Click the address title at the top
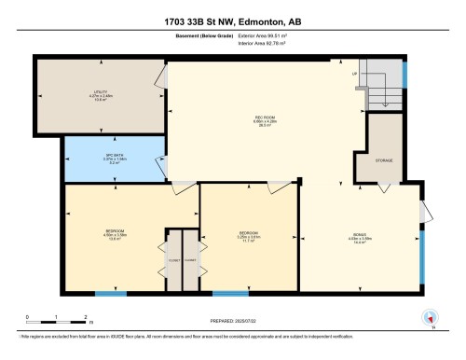coord(232,20)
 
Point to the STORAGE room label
coord(383,160)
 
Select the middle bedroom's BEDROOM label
coord(248,232)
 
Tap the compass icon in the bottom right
coord(430,316)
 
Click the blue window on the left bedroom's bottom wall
coord(111,294)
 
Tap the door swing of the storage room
coord(383,188)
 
